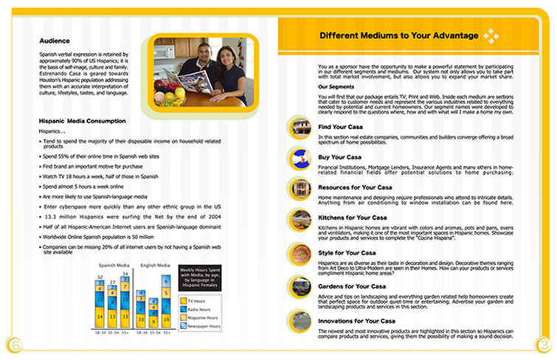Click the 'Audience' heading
(x=55, y=41)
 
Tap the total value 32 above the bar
(x=100, y=278)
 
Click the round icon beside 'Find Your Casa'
(x=300, y=127)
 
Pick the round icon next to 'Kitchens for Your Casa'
(x=300, y=219)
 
